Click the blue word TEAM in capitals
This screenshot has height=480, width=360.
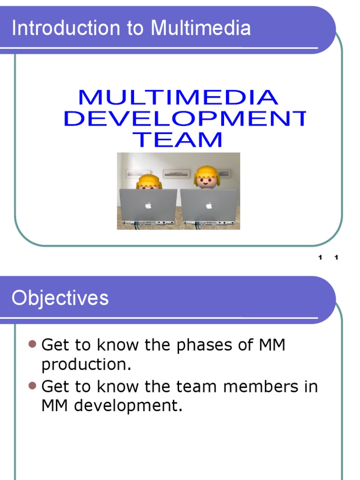178,140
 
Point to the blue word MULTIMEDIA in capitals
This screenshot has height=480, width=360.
178,97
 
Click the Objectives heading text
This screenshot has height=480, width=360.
60,298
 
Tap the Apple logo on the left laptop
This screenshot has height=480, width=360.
148,205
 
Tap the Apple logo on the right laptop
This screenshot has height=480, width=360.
209,205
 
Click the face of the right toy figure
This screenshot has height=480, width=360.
206,181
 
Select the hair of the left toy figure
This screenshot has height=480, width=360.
149,180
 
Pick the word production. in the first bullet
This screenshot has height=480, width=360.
85,365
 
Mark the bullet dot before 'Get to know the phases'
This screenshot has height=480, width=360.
32,345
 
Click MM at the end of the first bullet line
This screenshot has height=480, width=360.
272,345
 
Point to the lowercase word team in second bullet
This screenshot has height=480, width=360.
197,387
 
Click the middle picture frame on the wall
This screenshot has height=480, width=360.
176,173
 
